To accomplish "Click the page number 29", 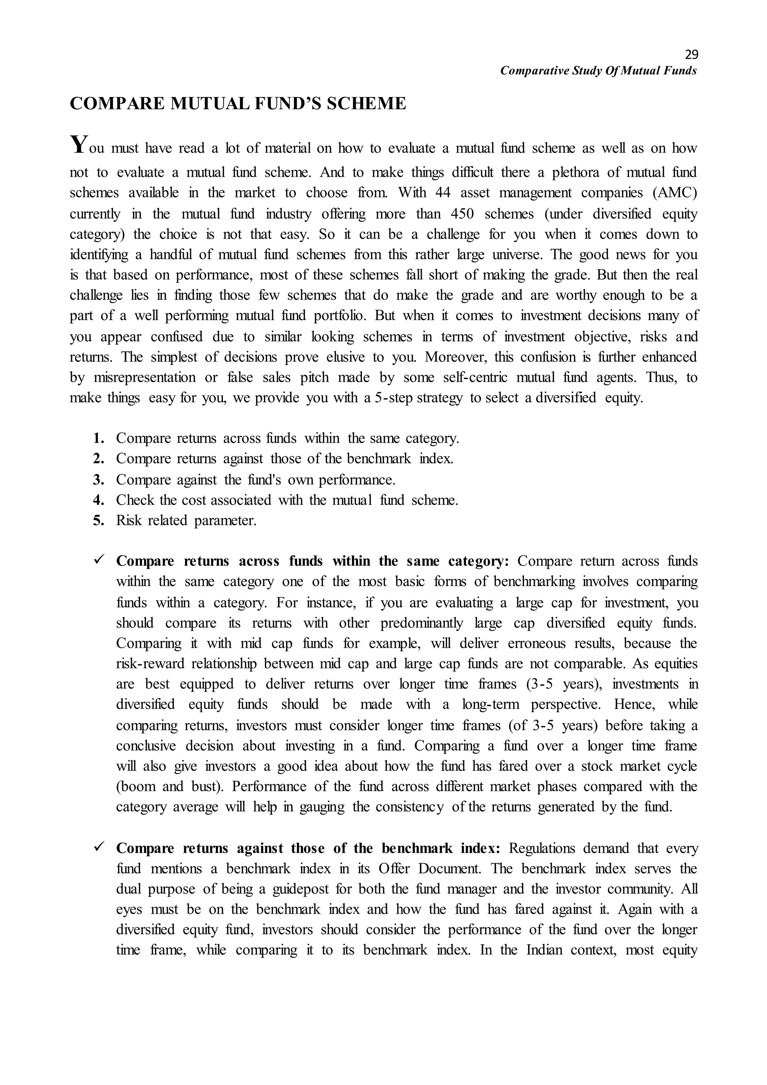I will (691, 55).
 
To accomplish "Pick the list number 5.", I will (98, 520).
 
